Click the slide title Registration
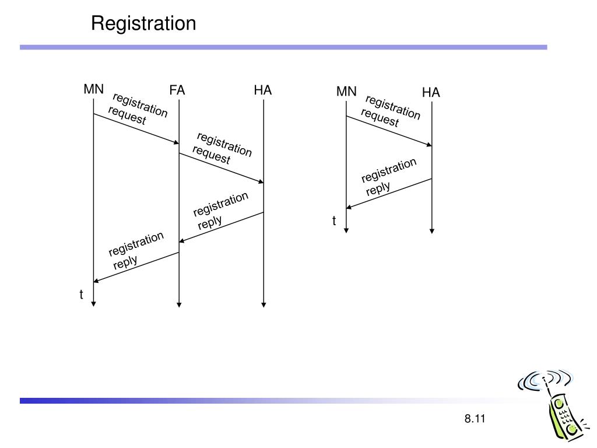click(x=143, y=24)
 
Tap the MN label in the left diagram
click(x=94, y=89)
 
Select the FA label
click(x=177, y=90)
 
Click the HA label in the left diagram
click(x=263, y=90)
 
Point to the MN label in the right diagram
click(x=346, y=92)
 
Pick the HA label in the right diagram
click(x=431, y=93)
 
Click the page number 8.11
click(x=475, y=419)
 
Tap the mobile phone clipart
click(x=553, y=405)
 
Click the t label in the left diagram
click(x=81, y=295)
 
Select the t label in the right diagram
click(x=334, y=221)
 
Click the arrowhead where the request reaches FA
click(x=177, y=142)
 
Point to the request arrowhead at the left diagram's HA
click(x=261, y=182)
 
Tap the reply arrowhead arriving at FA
click(x=182, y=241)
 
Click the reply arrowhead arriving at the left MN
click(x=96, y=281)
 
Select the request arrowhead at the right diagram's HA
click(x=430, y=145)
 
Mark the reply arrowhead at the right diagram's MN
click(x=349, y=207)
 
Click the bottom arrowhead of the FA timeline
click(x=179, y=304)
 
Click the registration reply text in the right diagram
click(x=389, y=177)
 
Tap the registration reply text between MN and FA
click(x=136, y=251)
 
